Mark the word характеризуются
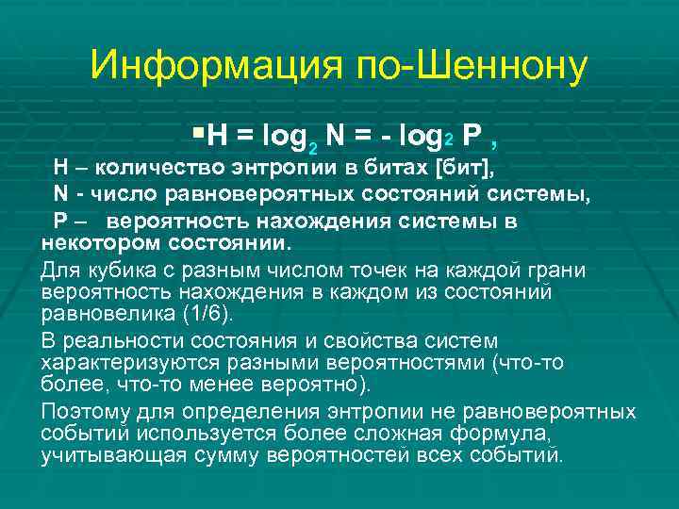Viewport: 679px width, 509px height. (x=119, y=362)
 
